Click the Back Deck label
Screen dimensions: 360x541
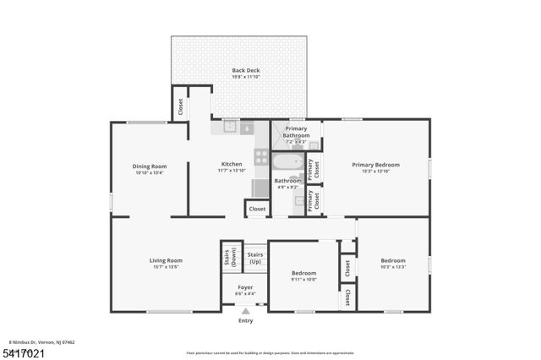point(245,70)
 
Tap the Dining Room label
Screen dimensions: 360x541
point(150,166)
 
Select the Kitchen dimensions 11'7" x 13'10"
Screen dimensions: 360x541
point(232,172)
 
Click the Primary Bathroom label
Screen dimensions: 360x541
point(296,132)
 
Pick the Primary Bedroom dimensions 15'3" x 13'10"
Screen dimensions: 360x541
point(376,172)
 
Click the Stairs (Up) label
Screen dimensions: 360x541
point(255,257)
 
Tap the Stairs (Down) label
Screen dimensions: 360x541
point(229,259)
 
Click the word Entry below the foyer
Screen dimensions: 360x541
point(245,321)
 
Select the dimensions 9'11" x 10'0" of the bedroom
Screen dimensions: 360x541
point(304,280)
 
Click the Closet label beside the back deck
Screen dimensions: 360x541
point(180,107)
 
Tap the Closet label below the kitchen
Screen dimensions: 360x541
point(257,209)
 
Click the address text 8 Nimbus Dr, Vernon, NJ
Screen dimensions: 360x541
point(42,341)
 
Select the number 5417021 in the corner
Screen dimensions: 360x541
point(23,352)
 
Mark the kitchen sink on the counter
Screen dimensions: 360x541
point(230,128)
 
